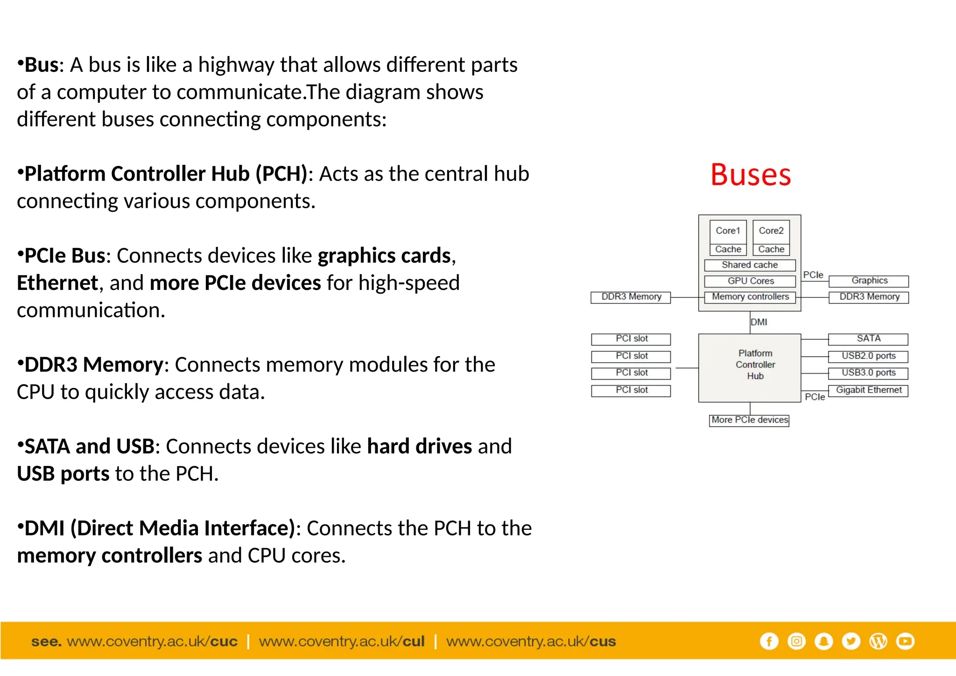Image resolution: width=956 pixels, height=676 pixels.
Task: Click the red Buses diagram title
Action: coord(751,175)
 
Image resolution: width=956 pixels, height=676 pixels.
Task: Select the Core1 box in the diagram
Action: coord(728,231)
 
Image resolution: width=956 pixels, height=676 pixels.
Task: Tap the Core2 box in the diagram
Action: coord(771,231)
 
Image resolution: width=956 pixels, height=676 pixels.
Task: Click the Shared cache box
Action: coord(750,265)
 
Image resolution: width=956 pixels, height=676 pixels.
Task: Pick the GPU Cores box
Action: coord(750,281)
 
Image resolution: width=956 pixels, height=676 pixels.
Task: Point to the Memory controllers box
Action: coord(750,297)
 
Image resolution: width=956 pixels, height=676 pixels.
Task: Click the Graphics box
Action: coord(869,281)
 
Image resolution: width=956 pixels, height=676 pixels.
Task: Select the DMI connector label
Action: coord(759,322)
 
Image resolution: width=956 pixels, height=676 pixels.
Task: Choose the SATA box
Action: coord(868,339)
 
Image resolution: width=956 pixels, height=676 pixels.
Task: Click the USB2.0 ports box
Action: coord(868,356)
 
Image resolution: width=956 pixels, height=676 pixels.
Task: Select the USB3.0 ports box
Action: coord(868,373)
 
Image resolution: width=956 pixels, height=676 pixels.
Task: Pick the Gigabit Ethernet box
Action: coord(868,390)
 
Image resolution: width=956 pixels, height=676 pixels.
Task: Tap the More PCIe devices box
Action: coord(749,420)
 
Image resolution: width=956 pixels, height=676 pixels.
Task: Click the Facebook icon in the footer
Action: coord(769,641)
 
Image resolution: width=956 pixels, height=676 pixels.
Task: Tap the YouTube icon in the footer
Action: coord(905,641)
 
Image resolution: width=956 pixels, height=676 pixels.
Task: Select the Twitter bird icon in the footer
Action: coord(851,641)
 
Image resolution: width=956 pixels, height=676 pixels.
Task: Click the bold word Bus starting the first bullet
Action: coord(41,65)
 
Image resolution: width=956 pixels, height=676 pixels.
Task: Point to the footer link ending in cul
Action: coord(342,641)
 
